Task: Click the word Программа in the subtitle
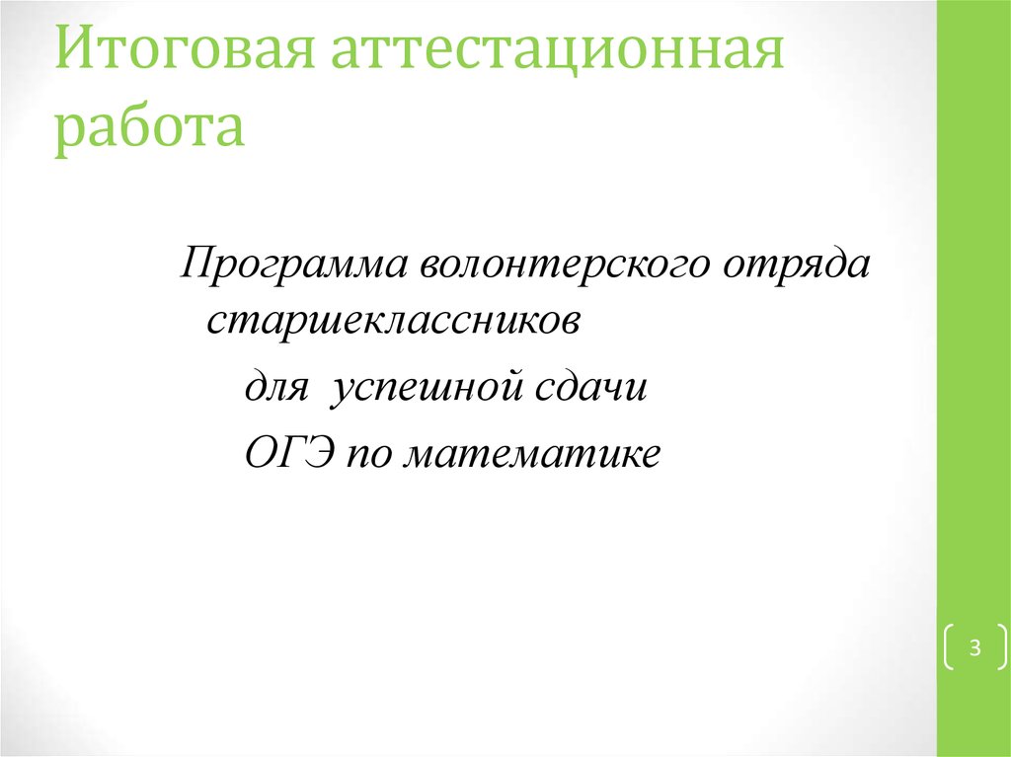coord(291,268)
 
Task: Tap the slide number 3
coord(974,648)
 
